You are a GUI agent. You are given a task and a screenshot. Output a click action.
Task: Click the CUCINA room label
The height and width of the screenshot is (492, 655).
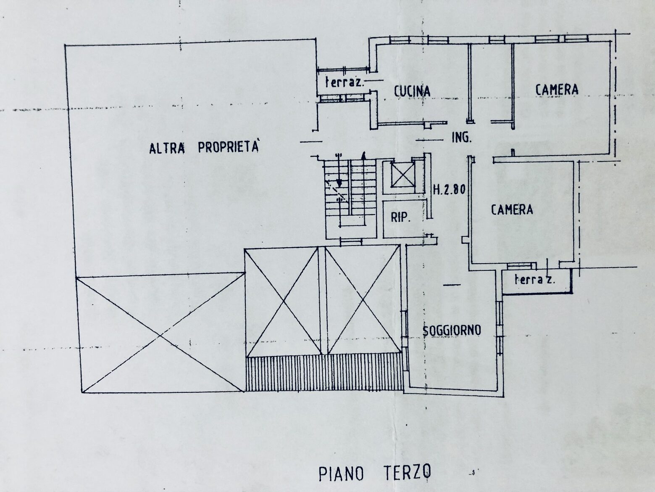pos(412,91)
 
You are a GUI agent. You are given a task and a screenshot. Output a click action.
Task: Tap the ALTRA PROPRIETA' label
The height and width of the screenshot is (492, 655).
pos(204,148)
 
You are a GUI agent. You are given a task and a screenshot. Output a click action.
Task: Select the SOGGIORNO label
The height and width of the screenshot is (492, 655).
pos(452,330)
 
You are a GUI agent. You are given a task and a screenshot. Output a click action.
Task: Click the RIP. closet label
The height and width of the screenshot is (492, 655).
pos(400,218)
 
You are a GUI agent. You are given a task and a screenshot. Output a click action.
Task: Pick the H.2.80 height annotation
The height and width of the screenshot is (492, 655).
pos(449,190)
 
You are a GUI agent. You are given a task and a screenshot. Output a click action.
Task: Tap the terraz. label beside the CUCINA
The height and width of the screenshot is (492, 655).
pos(345,82)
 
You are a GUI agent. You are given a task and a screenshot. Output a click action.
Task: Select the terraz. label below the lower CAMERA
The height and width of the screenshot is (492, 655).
pos(534,280)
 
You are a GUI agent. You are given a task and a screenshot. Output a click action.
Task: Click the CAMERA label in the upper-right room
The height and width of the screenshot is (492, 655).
pos(557,89)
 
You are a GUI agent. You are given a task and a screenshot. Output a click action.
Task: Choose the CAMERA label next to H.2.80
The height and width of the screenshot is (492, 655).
pos(512,209)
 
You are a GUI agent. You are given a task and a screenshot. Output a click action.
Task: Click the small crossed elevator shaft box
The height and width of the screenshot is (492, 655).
pos(403,177)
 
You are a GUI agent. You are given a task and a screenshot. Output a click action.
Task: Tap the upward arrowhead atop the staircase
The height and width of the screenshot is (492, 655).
pos(363,155)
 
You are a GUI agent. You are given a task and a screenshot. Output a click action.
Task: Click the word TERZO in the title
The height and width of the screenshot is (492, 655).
pos(407,473)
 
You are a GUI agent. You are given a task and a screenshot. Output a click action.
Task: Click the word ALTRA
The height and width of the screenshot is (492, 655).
pos(167,148)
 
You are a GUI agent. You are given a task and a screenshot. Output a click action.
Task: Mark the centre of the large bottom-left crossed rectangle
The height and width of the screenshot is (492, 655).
pos(160,335)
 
